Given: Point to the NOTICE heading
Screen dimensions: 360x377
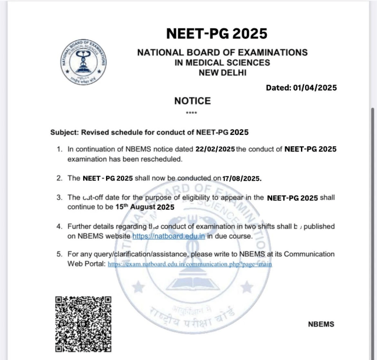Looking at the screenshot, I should (x=192, y=101).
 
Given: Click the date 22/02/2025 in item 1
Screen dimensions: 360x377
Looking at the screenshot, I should (x=214, y=150).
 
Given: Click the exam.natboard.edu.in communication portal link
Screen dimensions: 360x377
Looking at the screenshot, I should (x=190, y=264).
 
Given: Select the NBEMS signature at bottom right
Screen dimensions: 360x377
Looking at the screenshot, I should (x=321, y=324).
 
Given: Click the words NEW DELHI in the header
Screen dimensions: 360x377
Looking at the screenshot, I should (x=222, y=72).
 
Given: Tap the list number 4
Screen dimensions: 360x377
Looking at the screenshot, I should (x=59, y=226).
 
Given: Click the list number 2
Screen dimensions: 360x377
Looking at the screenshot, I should (x=59, y=178).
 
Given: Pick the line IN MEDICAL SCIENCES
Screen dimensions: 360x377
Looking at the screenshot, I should (x=222, y=62).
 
